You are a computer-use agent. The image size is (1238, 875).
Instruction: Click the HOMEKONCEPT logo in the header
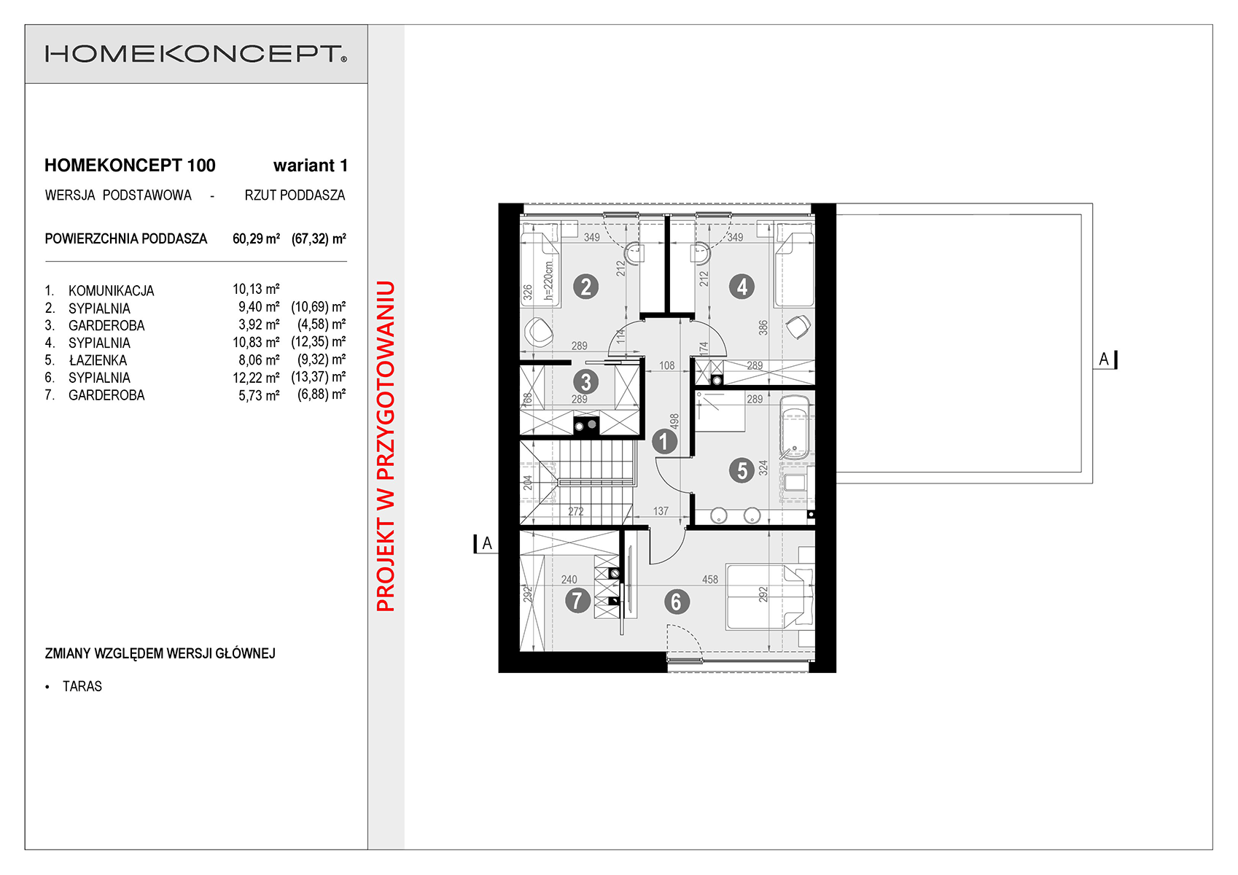[x=195, y=54]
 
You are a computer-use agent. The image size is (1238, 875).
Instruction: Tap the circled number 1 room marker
[x=663, y=442]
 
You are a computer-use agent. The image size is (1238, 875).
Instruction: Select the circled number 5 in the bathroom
[x=741, y=470]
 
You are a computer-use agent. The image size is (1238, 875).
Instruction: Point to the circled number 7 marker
[x=577, y=600]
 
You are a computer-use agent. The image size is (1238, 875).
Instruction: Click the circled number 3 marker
[x=586, y=381]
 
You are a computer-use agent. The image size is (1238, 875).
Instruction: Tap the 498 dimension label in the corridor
[x=674, y=421]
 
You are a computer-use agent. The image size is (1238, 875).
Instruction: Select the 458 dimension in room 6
[x=709, y=579]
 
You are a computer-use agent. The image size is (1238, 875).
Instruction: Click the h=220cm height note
[x=548, y=280]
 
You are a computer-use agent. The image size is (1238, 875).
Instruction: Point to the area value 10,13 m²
[x=256, y=289]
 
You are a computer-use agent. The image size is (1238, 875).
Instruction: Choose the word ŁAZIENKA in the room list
[x=98, y=360]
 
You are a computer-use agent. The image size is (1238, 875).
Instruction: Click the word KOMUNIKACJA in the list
[x=111, y=291]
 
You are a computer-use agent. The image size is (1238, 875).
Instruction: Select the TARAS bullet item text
[x=82, y=687]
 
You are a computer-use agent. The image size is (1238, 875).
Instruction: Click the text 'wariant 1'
[x=310, y=166]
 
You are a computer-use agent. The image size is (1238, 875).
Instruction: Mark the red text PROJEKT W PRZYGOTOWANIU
[x=386, y=446]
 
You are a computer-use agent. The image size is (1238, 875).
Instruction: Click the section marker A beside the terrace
[x=1105, y=359]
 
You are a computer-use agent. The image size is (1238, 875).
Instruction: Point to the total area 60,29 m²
[x=256, y=238]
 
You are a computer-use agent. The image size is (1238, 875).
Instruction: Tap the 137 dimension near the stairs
[x=661, y=511]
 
